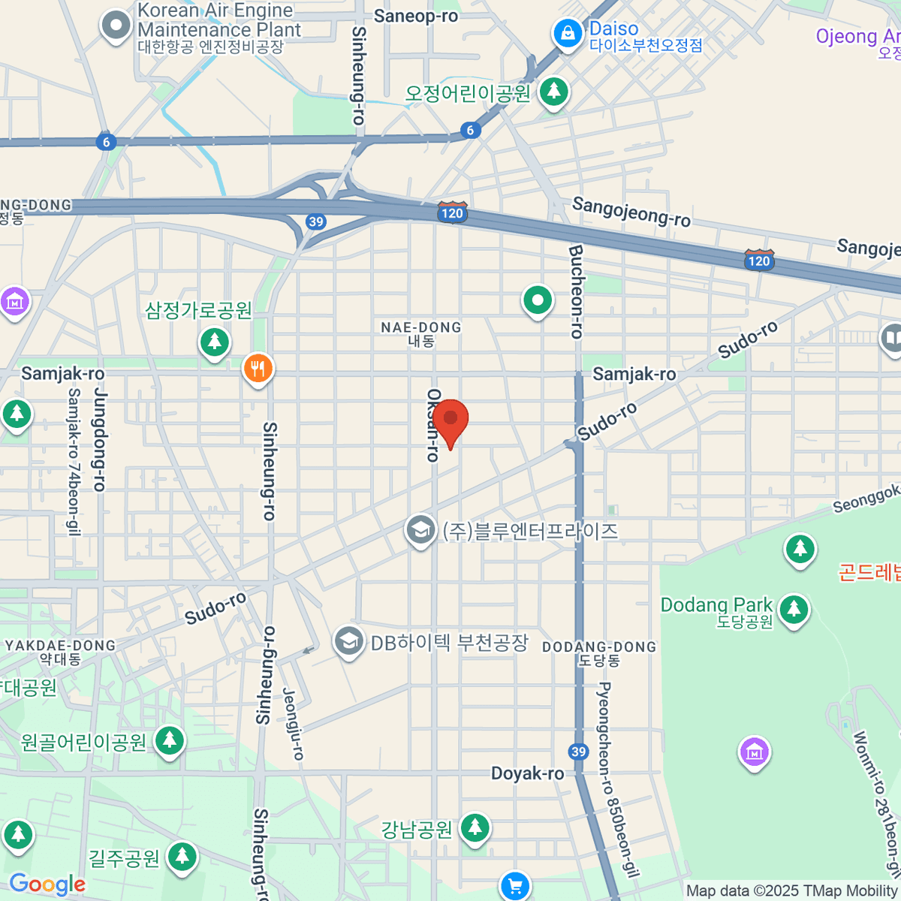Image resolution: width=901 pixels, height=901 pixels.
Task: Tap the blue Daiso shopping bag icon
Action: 568,34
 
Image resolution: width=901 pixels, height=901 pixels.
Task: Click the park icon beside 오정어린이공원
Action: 554,92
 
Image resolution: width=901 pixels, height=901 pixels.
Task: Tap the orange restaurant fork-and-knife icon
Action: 258,369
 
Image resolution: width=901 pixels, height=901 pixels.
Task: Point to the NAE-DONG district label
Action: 421,333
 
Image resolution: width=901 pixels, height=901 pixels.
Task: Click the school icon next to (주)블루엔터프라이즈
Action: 420,530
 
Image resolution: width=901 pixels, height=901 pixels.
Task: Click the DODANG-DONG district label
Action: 599,652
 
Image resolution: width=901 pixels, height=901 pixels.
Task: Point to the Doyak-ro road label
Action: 527,773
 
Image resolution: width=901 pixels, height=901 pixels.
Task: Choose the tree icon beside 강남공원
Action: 475,828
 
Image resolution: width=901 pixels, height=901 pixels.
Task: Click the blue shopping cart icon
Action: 515,886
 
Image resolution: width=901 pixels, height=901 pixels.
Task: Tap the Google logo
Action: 47,884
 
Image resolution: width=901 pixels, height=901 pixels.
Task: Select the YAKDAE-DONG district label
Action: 61,652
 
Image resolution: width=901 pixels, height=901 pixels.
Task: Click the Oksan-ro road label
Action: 433,425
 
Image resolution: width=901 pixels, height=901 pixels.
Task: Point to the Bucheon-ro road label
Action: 577,291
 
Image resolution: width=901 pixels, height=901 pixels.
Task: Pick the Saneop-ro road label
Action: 416,16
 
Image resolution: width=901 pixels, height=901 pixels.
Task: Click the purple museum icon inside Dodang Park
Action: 754,751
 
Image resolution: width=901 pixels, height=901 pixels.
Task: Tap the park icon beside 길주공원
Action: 182,857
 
